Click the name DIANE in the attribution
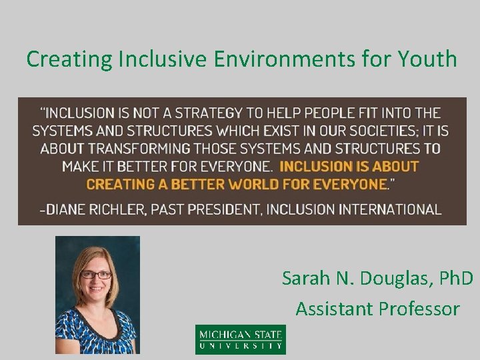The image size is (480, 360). click(69, 209)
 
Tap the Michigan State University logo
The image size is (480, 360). click(240, 339)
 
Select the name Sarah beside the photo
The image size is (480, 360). click(305, 277)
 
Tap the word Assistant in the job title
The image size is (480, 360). click(335, 309)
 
